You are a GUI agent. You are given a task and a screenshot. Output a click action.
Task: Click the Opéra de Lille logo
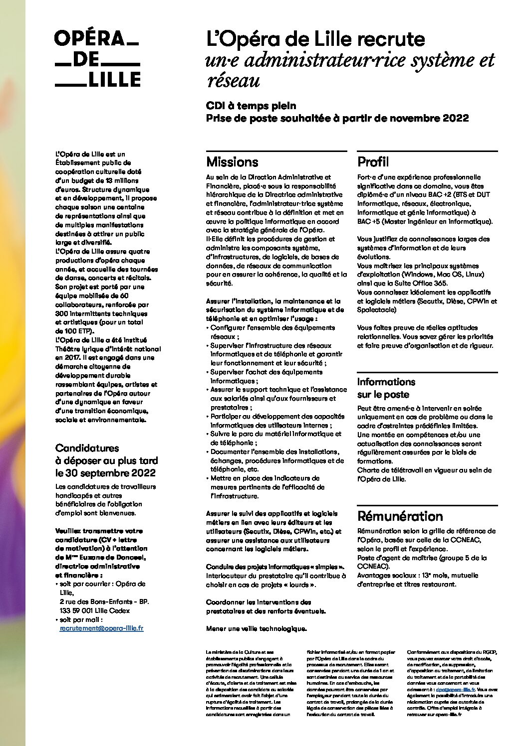(x=97, y=59)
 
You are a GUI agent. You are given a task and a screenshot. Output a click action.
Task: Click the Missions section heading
(x=232, y=162)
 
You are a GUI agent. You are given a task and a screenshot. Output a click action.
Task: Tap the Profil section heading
(x=373, y=162)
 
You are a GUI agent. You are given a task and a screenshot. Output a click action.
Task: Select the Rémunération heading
(x=400, y=516)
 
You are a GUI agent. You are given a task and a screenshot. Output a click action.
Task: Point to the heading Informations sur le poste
(x=386, y=388)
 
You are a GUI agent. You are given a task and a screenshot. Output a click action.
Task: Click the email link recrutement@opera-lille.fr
(x=101, y=628)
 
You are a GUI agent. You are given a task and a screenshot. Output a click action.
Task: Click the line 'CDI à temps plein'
(x=251, y=106)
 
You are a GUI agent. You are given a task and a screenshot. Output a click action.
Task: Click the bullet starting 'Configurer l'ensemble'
(x=272, y=328)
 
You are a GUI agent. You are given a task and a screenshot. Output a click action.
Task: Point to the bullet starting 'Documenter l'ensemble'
(x=275, y=452)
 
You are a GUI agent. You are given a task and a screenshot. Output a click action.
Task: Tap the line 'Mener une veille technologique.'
(x=256, y=629)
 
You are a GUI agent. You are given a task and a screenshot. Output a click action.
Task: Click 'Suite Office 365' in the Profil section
(x=415, y=283)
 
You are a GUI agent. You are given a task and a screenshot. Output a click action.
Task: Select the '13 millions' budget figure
(x=120, y=180)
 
